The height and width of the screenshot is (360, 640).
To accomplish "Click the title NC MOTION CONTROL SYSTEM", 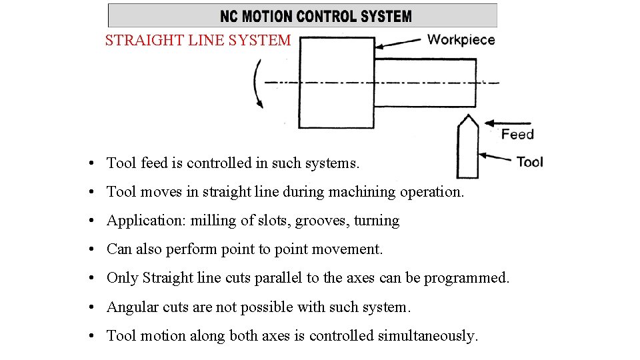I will click(x=316, y=16).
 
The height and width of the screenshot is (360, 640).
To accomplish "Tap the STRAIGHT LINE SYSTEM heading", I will click(x=198, y=41).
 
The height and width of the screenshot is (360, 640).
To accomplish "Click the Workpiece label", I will click(x=461, y=39).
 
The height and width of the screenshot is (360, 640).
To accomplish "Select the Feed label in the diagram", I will click(x=517, y=135).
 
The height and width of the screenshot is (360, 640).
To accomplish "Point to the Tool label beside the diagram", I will click(x=530, y=162).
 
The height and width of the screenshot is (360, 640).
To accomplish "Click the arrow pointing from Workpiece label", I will click(x=399, y=43).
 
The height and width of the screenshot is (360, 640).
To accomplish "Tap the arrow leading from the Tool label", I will click(x=497, y=158).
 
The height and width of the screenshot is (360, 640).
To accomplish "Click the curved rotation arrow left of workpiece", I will click(x=258, y=83).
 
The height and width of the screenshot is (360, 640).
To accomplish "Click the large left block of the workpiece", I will click(x=336, y=82).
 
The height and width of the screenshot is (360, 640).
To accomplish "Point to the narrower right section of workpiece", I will click(x=425, y=82).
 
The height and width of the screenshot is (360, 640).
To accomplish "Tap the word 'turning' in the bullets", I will click(x=377, y=221).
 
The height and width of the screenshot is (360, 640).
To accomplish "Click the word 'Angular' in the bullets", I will click(x=131, y=307).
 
